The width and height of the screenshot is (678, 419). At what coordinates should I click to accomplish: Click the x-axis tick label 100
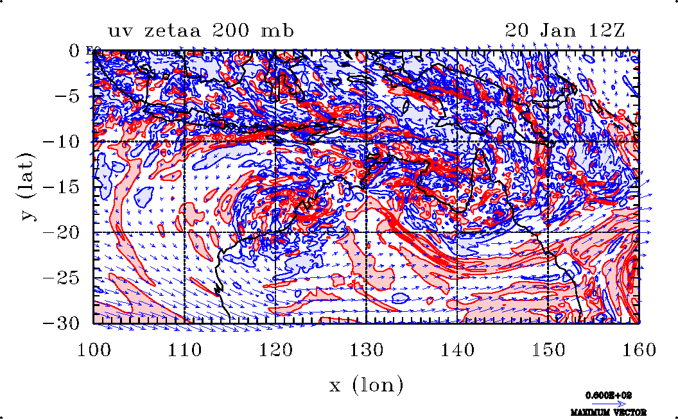94,350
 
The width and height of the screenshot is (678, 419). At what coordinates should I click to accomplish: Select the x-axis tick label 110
185,350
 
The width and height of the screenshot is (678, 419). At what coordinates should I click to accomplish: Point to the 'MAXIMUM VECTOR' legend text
609,412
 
